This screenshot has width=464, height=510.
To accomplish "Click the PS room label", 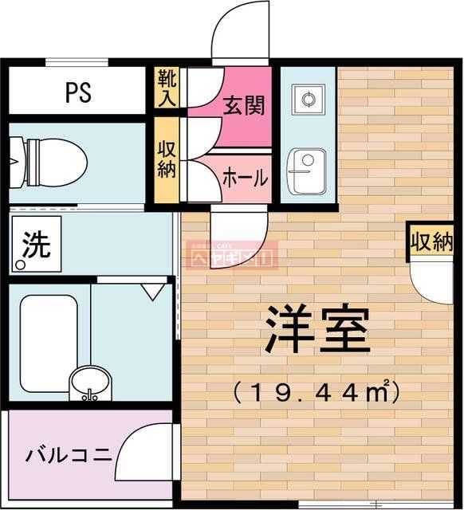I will (x=77, y=92).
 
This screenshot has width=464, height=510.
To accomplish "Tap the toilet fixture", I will (x=52, y=159).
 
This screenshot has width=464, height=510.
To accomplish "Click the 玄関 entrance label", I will (x=244, y=105).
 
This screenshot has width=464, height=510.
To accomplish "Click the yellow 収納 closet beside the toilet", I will (x=167, y=159).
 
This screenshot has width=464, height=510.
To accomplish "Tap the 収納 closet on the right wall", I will (x=431, y=241).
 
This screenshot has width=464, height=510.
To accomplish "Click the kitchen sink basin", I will (x=307, y=170).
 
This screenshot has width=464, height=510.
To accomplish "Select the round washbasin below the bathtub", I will (x=91, y=383).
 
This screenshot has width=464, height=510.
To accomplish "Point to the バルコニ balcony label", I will (x=68, y=456).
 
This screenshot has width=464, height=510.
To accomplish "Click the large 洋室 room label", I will (x=317, y=330).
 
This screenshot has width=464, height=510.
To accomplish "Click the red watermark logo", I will (x=231, y=256).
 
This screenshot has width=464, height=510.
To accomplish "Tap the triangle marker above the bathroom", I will (x=151, y=292).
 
